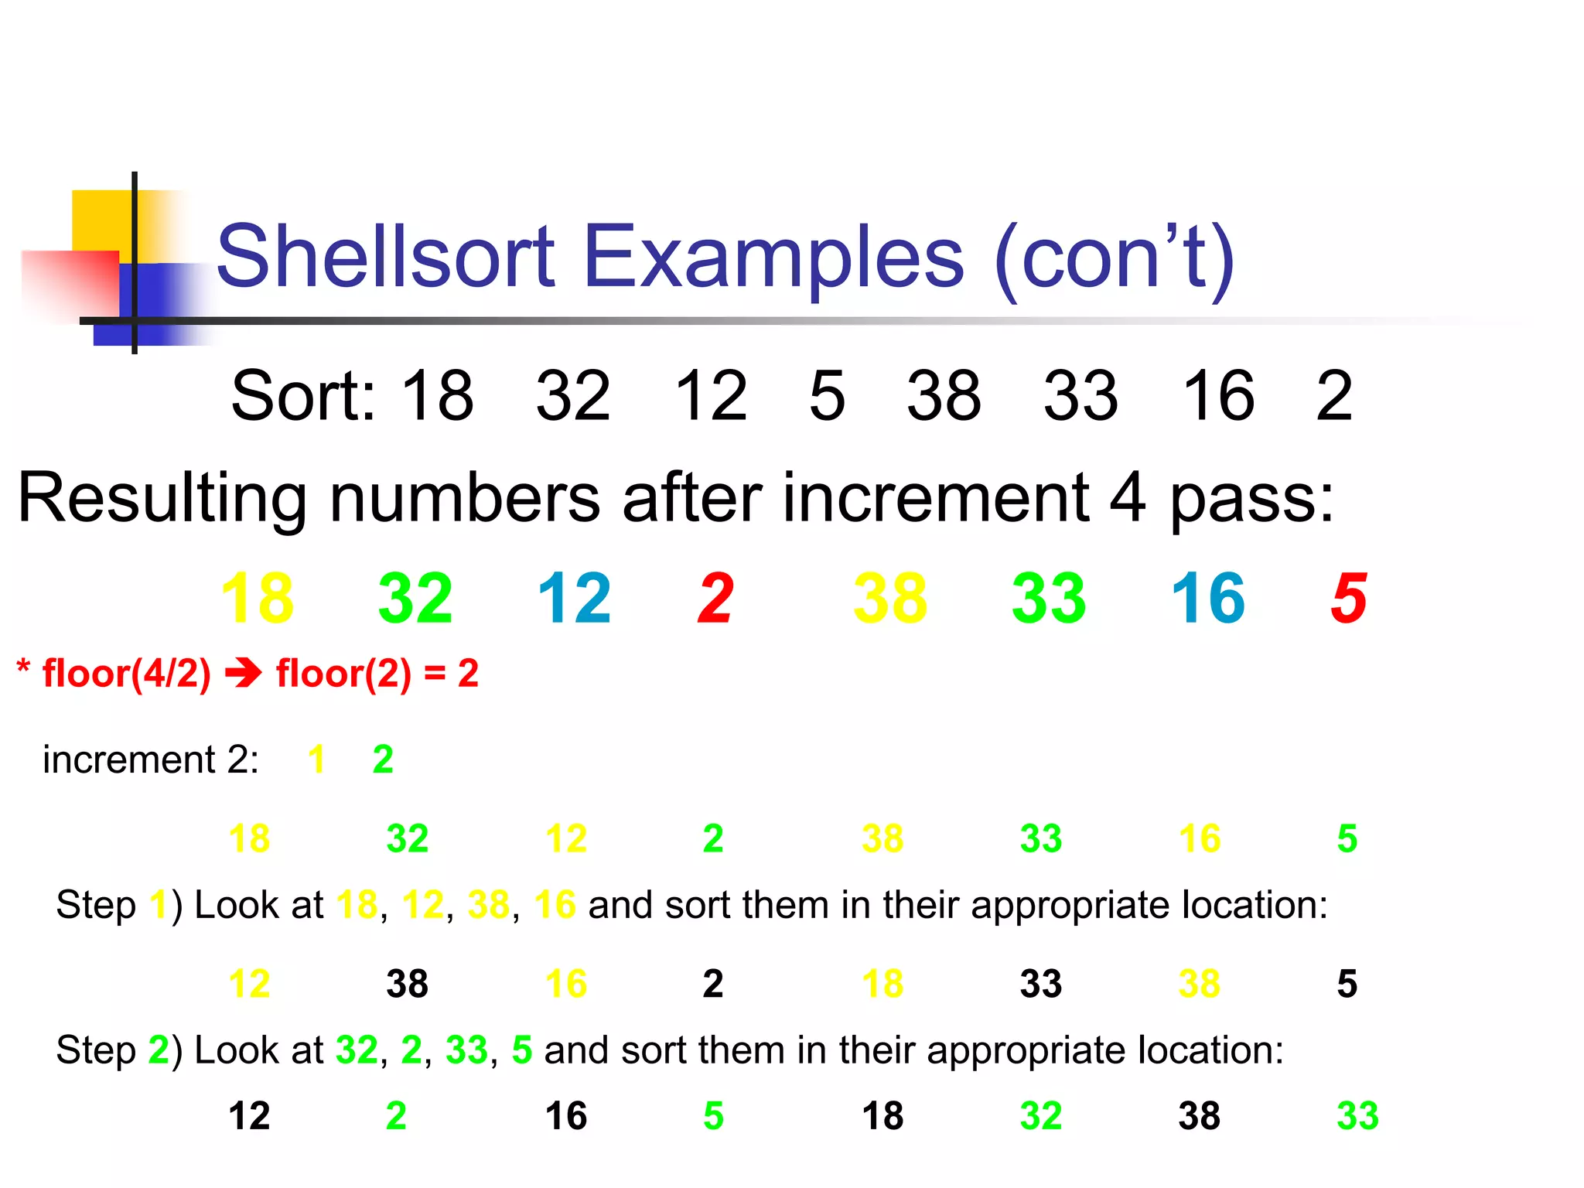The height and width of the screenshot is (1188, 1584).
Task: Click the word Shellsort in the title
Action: [385, 256]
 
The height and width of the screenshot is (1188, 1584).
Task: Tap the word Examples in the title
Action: [773, 256]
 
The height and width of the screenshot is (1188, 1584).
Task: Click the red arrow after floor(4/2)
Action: [243, 674]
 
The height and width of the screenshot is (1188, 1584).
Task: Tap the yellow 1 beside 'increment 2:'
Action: [316, 760]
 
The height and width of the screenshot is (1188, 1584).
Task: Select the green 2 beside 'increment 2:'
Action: [383, 760]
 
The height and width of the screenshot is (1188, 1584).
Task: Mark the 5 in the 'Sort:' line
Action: [827, 396]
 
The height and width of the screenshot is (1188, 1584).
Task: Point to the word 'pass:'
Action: [1251, 500]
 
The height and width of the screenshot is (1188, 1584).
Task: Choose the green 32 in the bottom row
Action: [1040, 1116]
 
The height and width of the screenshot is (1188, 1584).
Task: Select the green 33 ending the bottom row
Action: [1357, 1116]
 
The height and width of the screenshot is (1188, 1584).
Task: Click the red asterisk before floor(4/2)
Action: [24, 667]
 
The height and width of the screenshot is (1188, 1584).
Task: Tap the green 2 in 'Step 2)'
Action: [159, 1050]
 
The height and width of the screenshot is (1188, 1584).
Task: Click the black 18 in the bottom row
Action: [882, 1116]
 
